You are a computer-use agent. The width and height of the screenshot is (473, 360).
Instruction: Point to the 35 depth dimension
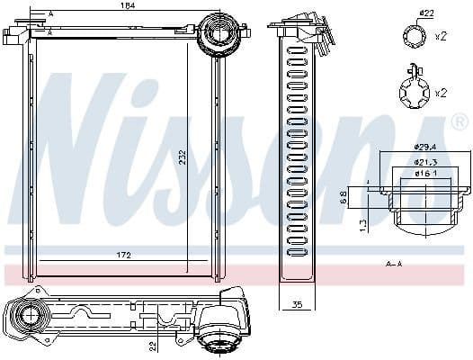pos(297,304)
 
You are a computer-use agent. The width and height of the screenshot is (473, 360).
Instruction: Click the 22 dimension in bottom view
pos(154,344)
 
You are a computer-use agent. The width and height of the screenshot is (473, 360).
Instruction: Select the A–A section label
pos(393,264)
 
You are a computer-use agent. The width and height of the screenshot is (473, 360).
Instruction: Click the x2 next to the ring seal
pos(442,38)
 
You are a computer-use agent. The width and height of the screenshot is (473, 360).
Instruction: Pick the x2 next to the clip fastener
pos(442,93)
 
